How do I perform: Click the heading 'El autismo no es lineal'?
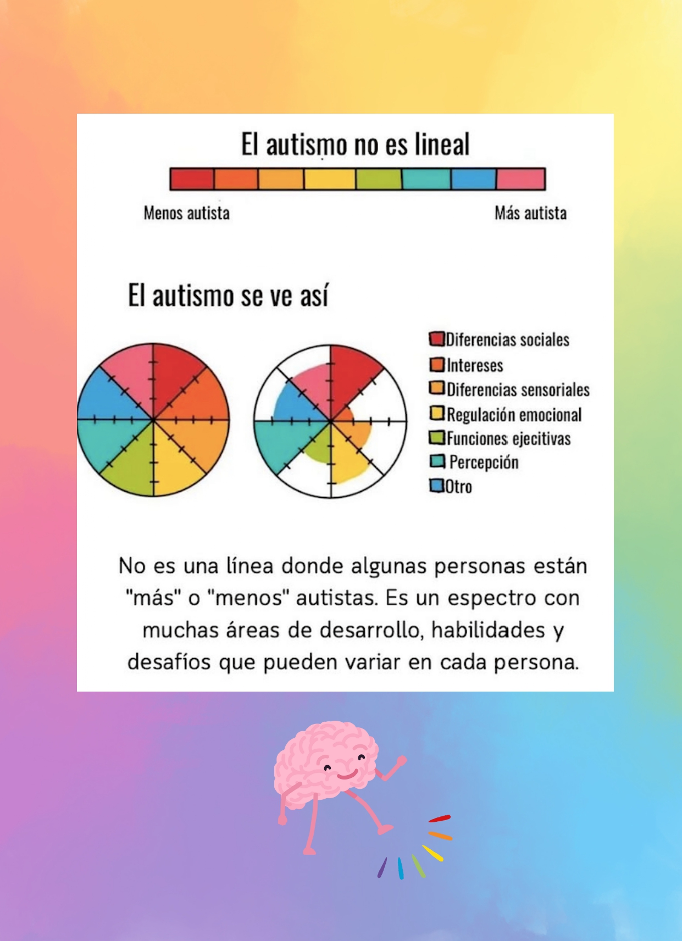tap(355, 144)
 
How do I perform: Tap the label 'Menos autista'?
tap(186, 213)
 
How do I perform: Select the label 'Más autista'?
tap(530, 213)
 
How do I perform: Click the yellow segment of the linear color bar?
tap(329, 179)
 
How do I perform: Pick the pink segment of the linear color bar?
tap(520, 179)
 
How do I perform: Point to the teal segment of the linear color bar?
tap(426, 179)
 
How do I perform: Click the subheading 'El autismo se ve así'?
tap(228, 296)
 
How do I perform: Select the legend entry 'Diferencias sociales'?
tap(507, 339)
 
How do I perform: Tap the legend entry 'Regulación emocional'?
tap(514, 415)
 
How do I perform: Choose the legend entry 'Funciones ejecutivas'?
tap(508, 438)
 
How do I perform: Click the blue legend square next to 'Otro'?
tap(436, 486)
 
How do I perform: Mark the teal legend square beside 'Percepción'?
tap(437, 461)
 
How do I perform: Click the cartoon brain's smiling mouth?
tap(348, 774)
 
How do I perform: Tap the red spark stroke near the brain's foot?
tap(440, 818)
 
